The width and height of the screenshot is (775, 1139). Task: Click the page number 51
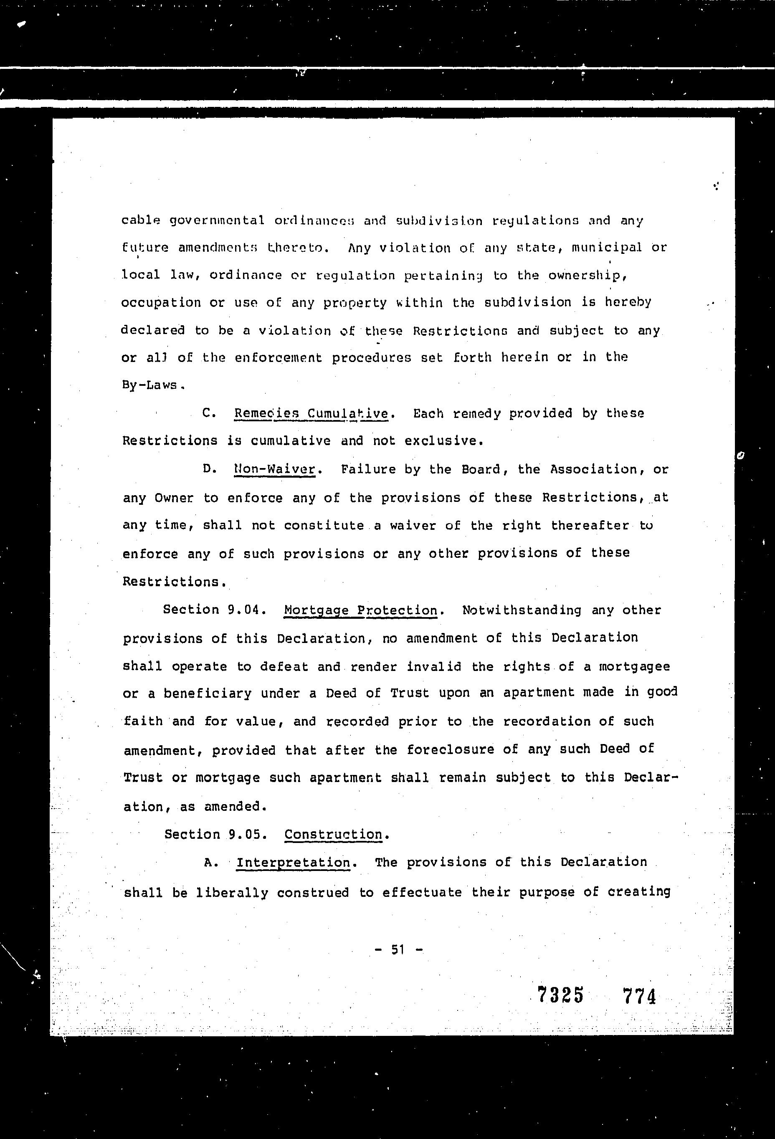(397, 950)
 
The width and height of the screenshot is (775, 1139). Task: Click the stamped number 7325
(561, 995)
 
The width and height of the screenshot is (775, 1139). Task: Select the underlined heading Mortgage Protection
(361, 611)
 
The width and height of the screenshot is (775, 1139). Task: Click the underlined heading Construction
(333, 835)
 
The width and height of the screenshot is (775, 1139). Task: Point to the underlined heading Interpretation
(293, 863)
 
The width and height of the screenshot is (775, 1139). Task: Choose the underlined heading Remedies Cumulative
(311, 414)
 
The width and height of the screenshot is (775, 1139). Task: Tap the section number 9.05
(248, 835)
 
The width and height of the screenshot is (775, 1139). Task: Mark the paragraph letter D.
(209, 469)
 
